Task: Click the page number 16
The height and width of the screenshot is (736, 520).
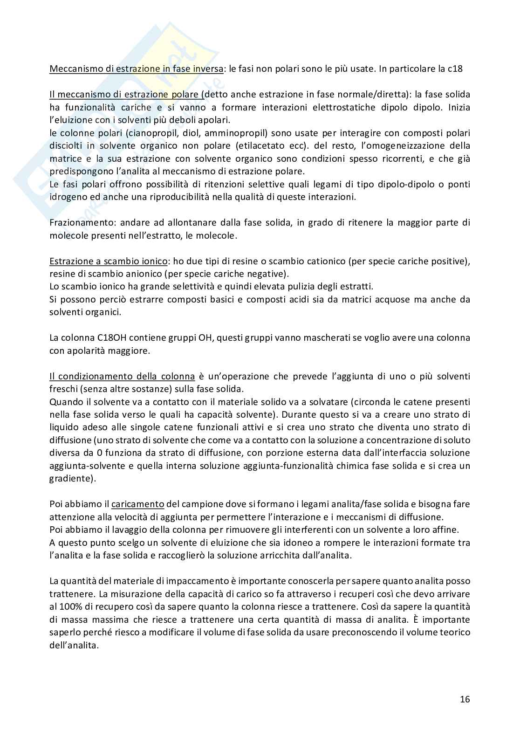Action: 465,699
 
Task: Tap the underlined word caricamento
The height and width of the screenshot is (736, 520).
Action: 138,504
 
